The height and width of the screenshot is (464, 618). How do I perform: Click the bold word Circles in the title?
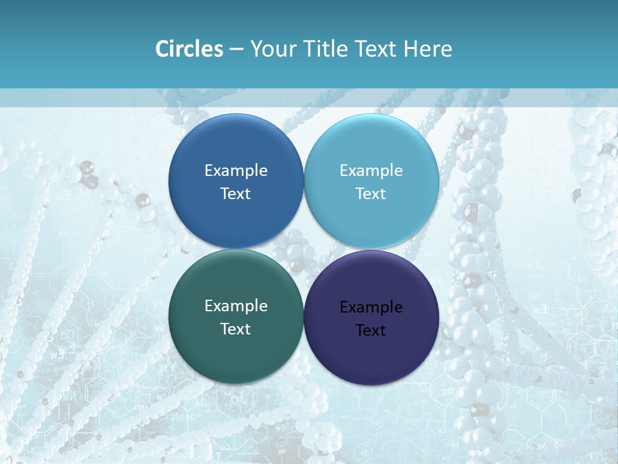189,49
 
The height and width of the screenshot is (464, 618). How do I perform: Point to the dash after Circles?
236,50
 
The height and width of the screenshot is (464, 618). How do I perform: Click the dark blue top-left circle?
236,148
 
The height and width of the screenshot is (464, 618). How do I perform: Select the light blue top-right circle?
371,148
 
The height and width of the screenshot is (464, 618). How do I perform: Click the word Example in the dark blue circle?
236,171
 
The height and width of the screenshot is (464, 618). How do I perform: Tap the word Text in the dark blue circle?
236,194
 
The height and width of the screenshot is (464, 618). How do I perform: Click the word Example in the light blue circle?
371,171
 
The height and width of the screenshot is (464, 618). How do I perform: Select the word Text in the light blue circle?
371,194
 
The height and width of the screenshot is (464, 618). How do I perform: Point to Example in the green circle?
236,306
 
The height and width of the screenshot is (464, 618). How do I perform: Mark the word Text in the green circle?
236,329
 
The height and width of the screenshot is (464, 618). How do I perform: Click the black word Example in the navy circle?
371,307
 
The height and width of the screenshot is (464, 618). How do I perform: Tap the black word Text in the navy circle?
371,331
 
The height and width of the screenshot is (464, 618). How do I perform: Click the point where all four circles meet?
304,249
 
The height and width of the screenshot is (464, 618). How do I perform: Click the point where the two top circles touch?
304,181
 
